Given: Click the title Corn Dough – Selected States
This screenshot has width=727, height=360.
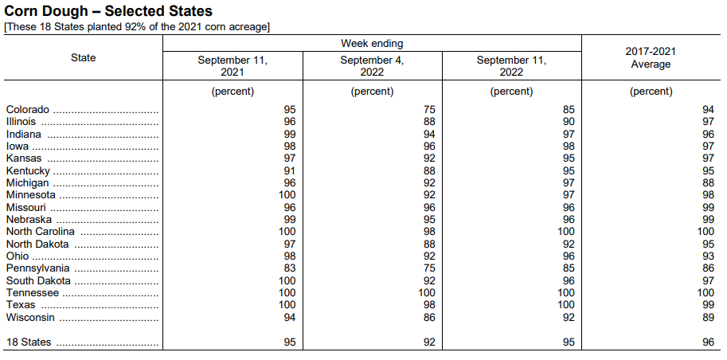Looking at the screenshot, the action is click(108, 11).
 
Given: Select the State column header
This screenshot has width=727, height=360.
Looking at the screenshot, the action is click(84, 57).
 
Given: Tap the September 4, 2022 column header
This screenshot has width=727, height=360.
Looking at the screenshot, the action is click(373, 66).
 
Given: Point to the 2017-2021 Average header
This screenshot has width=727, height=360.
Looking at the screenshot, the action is click(651, 58).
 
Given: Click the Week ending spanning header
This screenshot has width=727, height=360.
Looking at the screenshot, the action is click(372, 44).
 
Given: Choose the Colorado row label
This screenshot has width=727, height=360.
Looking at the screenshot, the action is click(27, 110).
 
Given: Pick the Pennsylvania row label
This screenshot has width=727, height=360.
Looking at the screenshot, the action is click(38, 268).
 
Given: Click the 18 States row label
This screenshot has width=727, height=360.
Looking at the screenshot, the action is click(29, 342).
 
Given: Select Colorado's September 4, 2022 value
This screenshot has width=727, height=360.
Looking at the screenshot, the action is click(429, 110).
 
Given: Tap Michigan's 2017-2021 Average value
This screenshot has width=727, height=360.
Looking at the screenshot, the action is click(708, 183).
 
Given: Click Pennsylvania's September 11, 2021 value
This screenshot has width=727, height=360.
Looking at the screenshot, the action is click(290, 268).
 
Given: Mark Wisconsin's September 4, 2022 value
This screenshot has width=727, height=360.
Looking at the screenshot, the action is click(429, 318).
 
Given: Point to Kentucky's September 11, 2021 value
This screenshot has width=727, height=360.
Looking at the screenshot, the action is click(290, 170).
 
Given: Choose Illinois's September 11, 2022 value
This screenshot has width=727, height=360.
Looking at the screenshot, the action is click(569, 122).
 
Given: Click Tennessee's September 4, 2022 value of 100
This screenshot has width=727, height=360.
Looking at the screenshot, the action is click(427, 293).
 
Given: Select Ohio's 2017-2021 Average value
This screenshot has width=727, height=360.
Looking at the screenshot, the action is click(708, 256).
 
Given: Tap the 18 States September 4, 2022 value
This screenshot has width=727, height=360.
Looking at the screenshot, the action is click(429, 342).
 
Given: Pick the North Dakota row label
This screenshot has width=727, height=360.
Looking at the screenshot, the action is click(37, 244).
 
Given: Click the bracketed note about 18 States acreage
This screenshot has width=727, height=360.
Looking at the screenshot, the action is click(137, 27).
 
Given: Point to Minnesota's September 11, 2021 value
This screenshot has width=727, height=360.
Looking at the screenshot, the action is click(287, 195).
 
